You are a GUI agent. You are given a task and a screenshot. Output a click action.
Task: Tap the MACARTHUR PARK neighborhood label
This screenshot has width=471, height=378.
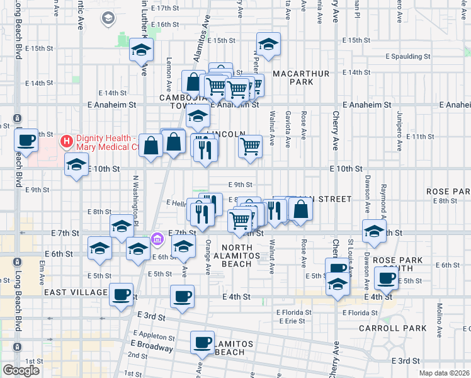(x=309, y=77)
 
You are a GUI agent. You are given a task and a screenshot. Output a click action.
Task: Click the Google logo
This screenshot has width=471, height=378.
(x=21, y=370)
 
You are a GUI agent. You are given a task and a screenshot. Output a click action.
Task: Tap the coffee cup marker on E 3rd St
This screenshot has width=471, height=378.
(x=203, y=343)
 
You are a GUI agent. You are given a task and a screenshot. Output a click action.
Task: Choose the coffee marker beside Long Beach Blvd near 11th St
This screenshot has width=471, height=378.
(x=27, y=140)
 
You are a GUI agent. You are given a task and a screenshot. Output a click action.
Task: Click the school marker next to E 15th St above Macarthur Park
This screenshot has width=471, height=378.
(x=268, y=45)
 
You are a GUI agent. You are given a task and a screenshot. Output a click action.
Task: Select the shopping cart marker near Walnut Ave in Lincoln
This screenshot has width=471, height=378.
(x=250, y=147)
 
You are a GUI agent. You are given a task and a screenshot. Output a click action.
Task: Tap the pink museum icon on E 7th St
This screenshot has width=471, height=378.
(x=157, y=239)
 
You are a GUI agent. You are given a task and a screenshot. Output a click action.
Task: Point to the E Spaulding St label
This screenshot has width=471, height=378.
(x=408, y=56)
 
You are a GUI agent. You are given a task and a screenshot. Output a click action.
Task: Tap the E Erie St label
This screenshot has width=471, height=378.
(x=291, y=321)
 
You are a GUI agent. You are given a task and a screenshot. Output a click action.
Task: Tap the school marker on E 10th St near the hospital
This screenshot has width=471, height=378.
(x=77, y=166)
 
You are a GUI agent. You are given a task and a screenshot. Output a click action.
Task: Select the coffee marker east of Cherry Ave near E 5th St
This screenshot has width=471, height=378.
(x=385, y=278)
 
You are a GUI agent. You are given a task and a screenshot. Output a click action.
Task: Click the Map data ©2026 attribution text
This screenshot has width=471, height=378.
(x=443, y=373)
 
